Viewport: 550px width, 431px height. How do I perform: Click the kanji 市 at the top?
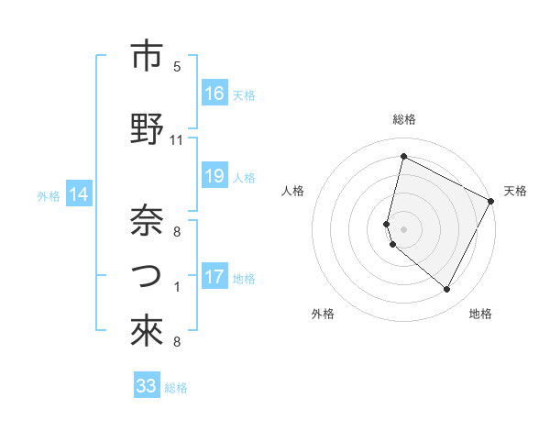point(147,56)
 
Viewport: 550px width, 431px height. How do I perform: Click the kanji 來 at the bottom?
point(147,333)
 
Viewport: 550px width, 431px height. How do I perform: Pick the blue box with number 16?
point(214,94)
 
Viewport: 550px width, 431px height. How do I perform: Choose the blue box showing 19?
point(214,177)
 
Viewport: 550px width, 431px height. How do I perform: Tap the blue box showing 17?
point(214,277)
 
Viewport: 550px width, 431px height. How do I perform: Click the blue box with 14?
point(79,194)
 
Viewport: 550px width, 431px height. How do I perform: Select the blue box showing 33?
point(147,386)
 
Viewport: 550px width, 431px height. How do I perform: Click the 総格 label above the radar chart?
point(404,119)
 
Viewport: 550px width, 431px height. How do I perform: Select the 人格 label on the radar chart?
point(292,191)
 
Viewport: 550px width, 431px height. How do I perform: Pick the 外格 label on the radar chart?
point(323,314)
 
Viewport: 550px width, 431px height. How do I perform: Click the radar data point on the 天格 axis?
point(492,201)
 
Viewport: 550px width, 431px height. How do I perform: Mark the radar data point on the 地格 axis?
point(447,290)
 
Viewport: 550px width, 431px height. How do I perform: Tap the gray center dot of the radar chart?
point(404,229)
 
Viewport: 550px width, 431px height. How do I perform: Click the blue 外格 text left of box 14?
point(48,195)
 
